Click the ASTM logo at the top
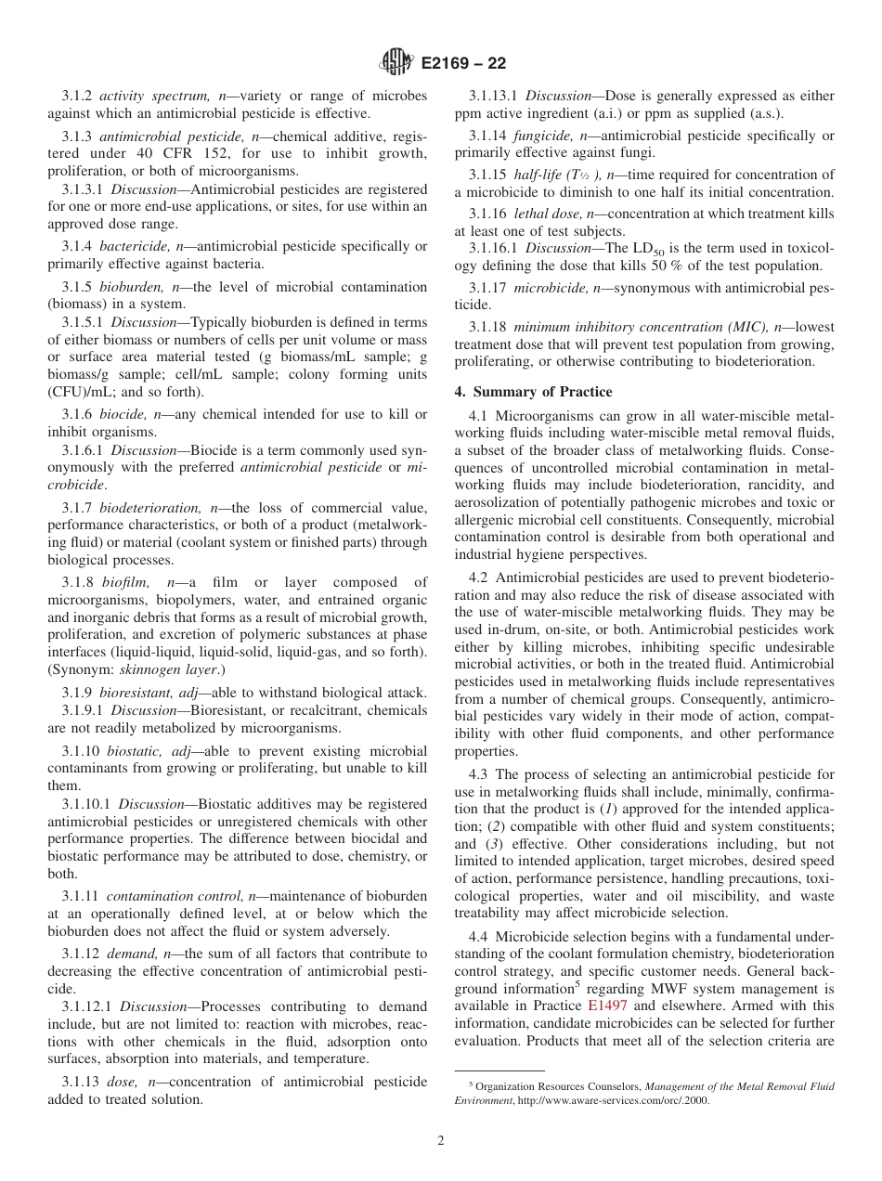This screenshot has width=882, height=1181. (396, 64)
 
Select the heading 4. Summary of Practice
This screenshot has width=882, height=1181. (533, 392)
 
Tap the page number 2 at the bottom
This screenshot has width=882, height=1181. (441, 1141)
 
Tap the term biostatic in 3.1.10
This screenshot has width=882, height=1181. (134, 751)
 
